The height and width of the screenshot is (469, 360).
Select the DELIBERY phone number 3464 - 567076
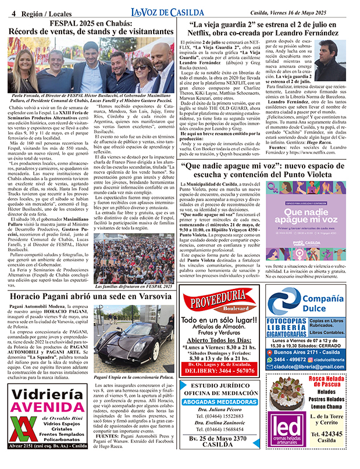222,370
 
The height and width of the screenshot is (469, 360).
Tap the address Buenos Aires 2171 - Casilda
313,352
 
